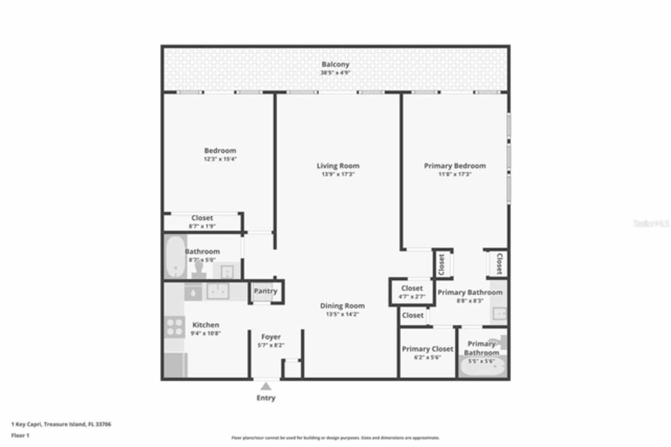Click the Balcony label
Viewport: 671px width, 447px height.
click(x=335, y=65)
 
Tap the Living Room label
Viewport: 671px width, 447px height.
click(x=338, y=166)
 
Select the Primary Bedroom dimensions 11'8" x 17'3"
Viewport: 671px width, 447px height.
click(x=454, y=174)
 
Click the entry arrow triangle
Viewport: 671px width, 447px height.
click(x=266, y=387)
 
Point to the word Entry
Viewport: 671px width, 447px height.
click(x=266, y=398)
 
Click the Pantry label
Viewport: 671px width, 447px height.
click(x=265, y=291)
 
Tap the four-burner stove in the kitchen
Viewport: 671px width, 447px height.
click(x=175, y=327)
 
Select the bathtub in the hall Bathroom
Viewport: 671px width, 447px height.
click(x=175, y=257)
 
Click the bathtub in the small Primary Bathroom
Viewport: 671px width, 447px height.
click(x=482, y=367)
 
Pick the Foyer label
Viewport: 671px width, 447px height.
click(x=271, y=337)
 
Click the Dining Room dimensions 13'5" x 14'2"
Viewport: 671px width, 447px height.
click(x=342, y=315)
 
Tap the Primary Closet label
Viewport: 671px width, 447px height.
click(x=427, y=349)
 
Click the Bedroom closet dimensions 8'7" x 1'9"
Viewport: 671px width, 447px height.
click(x=202, y=227)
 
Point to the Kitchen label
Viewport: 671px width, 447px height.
click(x=205, y=325)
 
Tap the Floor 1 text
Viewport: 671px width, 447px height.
click(x=20, y=435)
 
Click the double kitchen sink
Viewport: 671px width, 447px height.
click(x=217, y=291)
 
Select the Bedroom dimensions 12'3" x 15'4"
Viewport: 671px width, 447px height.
click(x=220, y=159)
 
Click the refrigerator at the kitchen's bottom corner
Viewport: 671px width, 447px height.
click(x=175, y=365)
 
